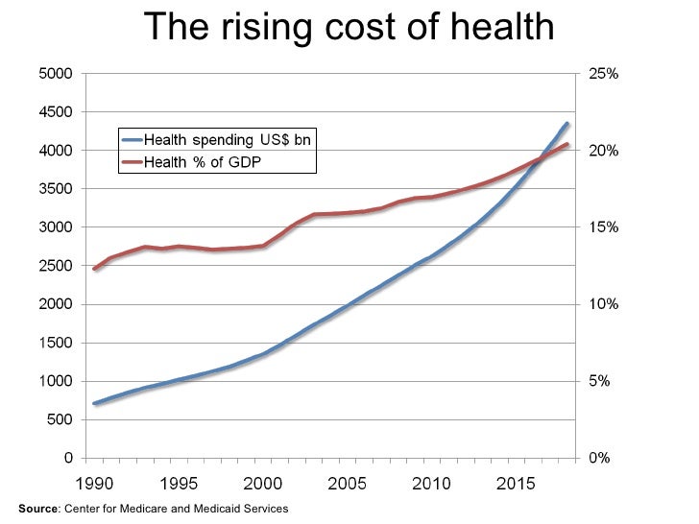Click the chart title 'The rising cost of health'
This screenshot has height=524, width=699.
(x=349, y=27)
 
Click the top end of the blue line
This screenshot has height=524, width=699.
(x=567, y=124)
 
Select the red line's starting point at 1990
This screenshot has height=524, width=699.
(x=94, y=269)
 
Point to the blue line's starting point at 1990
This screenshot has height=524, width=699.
(x=94, y=403)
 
